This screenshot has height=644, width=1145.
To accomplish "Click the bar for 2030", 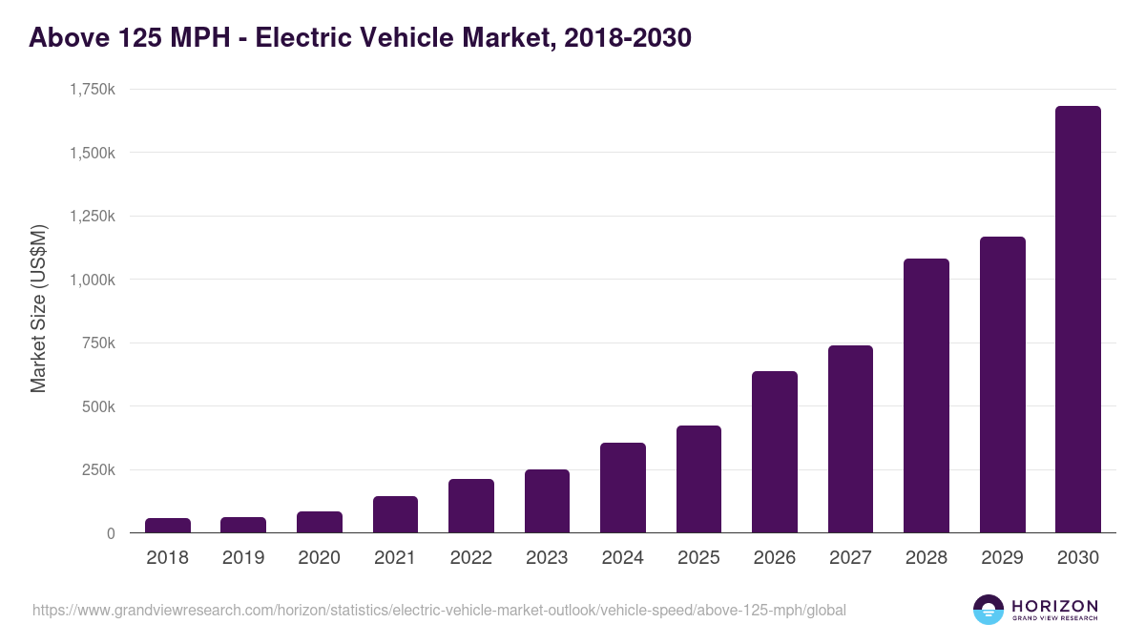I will pyautogui.click(x=1077, y=320).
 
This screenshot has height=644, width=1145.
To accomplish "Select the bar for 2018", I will pyautogui.click(x=168, y=526).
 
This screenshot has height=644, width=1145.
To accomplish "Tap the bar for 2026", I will pyautogui.click(x=775, y=452).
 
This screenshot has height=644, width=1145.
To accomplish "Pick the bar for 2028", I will pyautogui.click(x=926, y=396).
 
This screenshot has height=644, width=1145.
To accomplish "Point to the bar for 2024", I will pyautogui.click(x=623, y=488).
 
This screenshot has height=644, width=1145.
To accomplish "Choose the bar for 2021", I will pyautogui.click(x=395, y=514).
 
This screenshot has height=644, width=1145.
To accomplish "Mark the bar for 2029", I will pyautogui.click(x=1002, y=384).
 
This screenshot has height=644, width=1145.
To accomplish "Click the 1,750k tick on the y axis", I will pyautogui.click(x=93, y=89).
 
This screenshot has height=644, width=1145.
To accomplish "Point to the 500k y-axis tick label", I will pyautogui.click(x=96, y=406).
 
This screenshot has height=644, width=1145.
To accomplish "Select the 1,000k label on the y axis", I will pyautogui.click(x=93, y=280).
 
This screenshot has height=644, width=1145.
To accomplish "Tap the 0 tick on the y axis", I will pyautogui.click(x=111, y=533).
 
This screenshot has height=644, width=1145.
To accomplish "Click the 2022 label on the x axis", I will pyautogui.click(x=470, y=558).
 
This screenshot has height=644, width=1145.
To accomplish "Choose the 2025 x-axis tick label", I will pyautogui.click(x=698, y=558).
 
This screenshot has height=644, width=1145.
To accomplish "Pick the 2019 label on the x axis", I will pyautogui.click(x=243, y=558).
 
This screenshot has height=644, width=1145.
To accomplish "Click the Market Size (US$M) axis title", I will pyautogui.click(x=38, y=309).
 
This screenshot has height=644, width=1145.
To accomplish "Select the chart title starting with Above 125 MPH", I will pyautogui.click(x=360, y=38).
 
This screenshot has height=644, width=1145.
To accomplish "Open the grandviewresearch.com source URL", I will pyautogui.click(x=439, y=610).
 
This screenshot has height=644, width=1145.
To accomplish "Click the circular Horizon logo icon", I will pyautogui.click(x=988, y=610).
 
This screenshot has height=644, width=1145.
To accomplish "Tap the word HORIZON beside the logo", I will pyautogui.click(x=1054, y=605).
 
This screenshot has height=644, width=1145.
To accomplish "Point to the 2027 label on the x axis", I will pyautogui.click(x=850, y=558).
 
